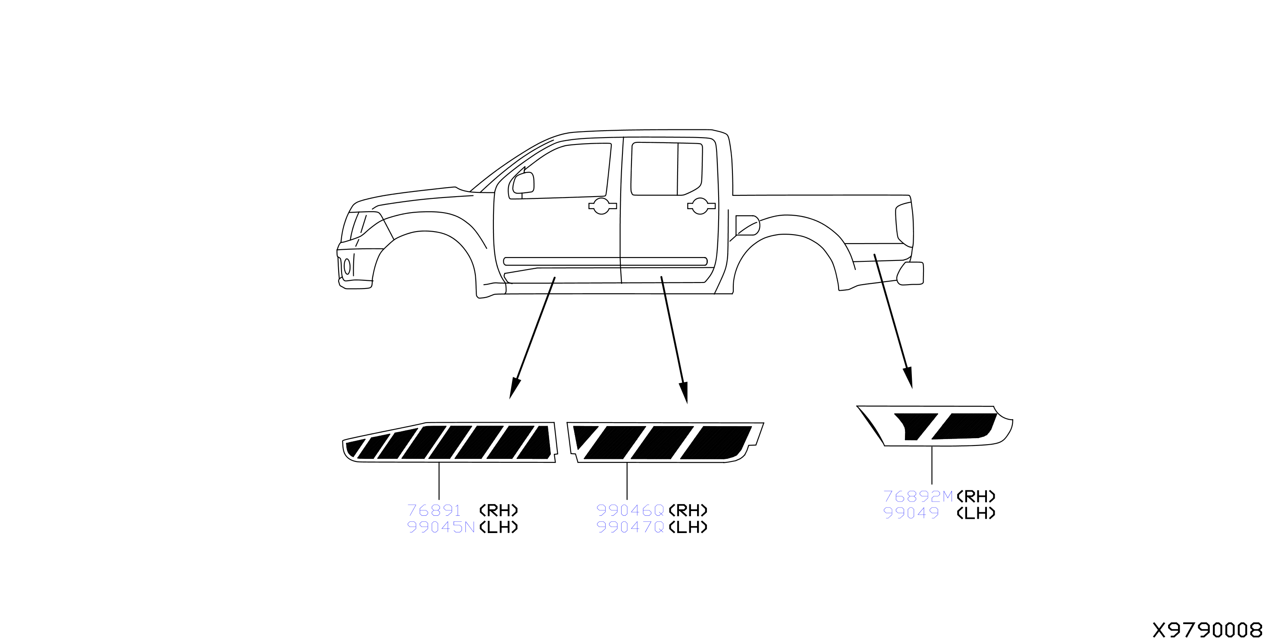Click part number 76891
coord(434,511)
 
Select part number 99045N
coord(440,527)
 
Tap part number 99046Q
coord(630,511)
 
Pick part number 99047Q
coord(630,527)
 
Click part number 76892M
coord(918,496)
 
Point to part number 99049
coord(911,513)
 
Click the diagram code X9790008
coord(1207,630)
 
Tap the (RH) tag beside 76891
coord(499,511)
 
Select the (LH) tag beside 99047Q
coord(688,527)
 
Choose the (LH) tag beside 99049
coord(976,513)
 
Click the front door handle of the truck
coord(602,206)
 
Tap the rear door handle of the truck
coord(701,206)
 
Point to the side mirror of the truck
coord(523,183)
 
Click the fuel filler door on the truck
coord(748,225)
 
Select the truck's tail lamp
coord(904,224)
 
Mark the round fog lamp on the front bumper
coord(347,267)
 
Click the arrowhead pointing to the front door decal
coord(515,389)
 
